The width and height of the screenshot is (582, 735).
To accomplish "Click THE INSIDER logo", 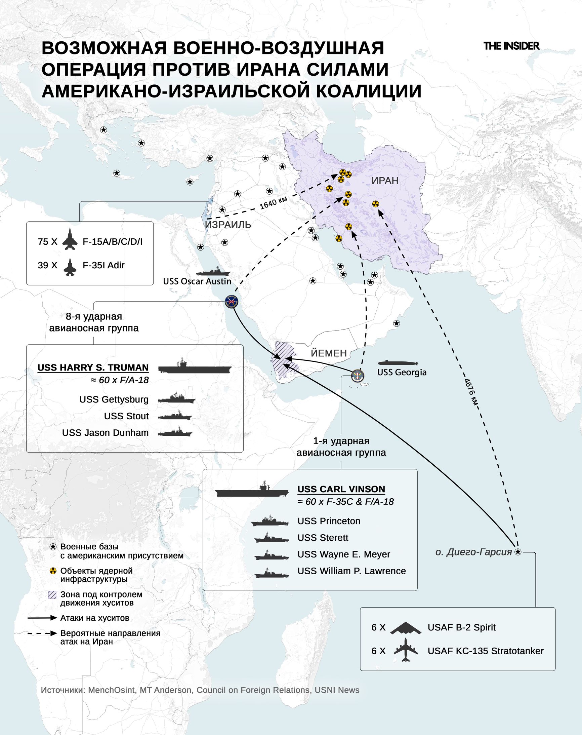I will pos(511,46).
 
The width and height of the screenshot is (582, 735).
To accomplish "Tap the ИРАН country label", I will pos(385,181).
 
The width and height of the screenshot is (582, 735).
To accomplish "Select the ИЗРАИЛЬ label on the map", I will pos(228,224).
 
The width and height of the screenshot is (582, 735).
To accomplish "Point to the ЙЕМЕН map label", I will pos(329,353).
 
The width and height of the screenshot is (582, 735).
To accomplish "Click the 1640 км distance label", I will pos(273,203).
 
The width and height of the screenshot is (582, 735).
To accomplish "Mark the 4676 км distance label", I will pos(471,392).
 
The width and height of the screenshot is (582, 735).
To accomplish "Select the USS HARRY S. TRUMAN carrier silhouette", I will pos(195,367).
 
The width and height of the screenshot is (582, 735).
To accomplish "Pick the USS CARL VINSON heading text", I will pos(341,489).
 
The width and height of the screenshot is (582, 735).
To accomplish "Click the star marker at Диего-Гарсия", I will pos(517,552).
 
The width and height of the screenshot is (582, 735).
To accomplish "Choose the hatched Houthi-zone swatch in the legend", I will pos(52,595).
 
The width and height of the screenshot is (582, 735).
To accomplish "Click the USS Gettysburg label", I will pos(114,399).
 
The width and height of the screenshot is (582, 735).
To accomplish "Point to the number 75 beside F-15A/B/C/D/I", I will pos(43,242).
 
